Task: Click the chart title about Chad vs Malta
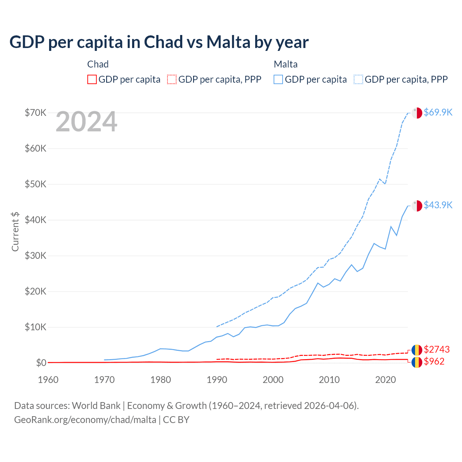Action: pyautogui.click(x=159, y=42)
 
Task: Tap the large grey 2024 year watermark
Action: pyautogui.click(x=87, y=122)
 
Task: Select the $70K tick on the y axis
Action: pyautogui.click(x=35, y=113)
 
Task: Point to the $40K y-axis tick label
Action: pyautogui.click(x=35, y=220)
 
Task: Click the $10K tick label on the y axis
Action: pyautogui.click(x=35, y=327)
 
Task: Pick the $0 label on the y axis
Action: pyautogui.click(x=41, y=363)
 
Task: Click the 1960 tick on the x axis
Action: pyautogui.click(x=48, y=380)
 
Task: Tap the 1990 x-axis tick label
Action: pyautogui.click(x=217, y=380)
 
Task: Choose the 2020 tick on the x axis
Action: pyautogui.click(x=385, y=380)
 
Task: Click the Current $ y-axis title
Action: pyautogui.click(x=15, y=231)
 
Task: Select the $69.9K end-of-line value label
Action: pyautogui.click(x=438, y=112)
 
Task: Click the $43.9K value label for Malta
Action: pyautogui.click(x=438, y=205)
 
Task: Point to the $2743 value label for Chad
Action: pyautogui.click(x=437, y=349)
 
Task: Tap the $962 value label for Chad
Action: pyautogui.click(x=434, y=361)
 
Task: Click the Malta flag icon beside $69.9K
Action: pyautogui.click(x=417, y=113)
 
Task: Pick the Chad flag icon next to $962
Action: pyautogui.click(x=417, y=362)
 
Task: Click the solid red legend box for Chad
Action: pyautogui.click(x=92, y=79)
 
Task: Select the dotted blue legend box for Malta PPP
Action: pyautogui.click(x=358, y=79)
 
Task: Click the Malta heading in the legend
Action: pyautogui.click(x=286, y=64)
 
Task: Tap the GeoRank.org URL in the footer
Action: pyautogui.click(x=85, y=420)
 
